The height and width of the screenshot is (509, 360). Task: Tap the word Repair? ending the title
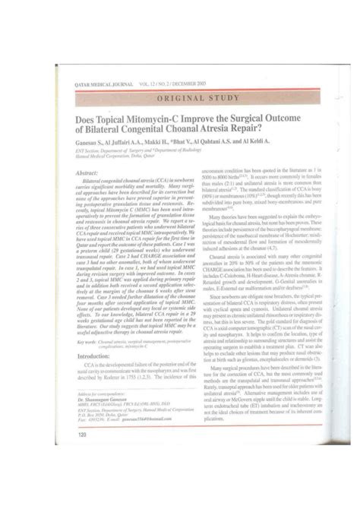coord(262,130)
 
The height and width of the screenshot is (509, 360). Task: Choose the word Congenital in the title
coord(150,130)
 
